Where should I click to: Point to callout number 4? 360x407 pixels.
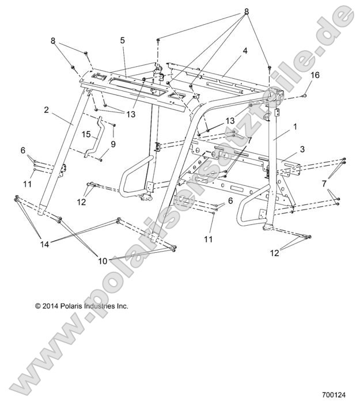(x=245, y=51)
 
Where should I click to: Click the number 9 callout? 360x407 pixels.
(x=113, y=144)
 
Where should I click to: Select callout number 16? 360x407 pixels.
(x=314, y=75)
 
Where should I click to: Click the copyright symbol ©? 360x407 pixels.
(x=38, y=306)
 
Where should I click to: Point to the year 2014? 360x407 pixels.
(x=52, y=306)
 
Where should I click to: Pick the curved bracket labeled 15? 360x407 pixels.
(x=95, y=136)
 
